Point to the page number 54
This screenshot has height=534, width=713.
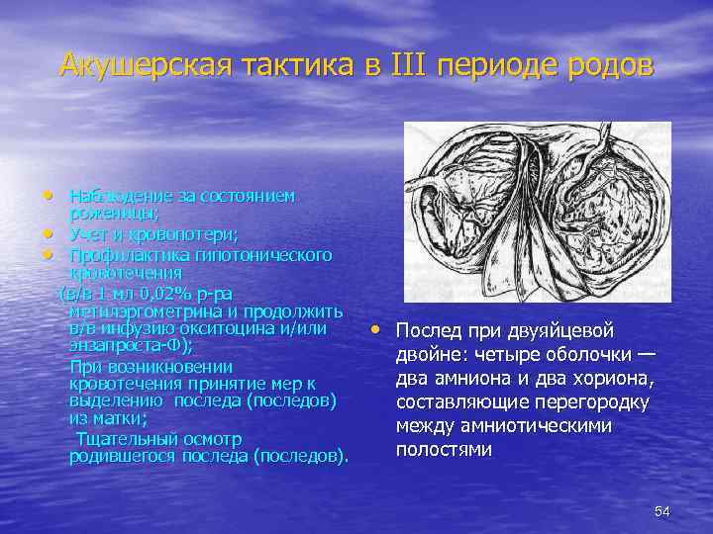pyautogui.click(x=662, y=511)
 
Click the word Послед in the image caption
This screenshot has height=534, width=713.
pyautogui.click(x=427, y=330)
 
